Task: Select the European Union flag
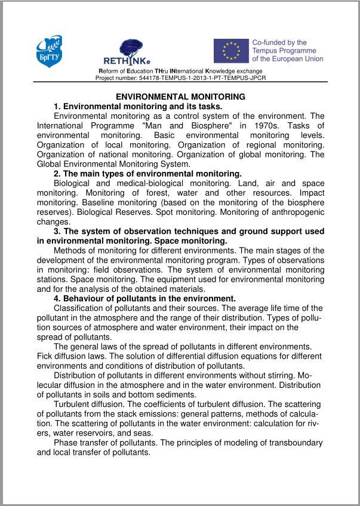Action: (231, 51)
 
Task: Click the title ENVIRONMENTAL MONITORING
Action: (180, 97)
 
